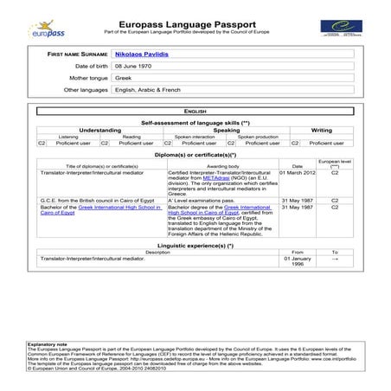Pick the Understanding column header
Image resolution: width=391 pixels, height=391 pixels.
click(99, 131)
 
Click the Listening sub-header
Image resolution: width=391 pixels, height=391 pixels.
click(67, 137)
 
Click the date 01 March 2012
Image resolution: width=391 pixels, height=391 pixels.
click(297, 173)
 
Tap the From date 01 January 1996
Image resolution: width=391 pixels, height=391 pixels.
click(297, 261)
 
